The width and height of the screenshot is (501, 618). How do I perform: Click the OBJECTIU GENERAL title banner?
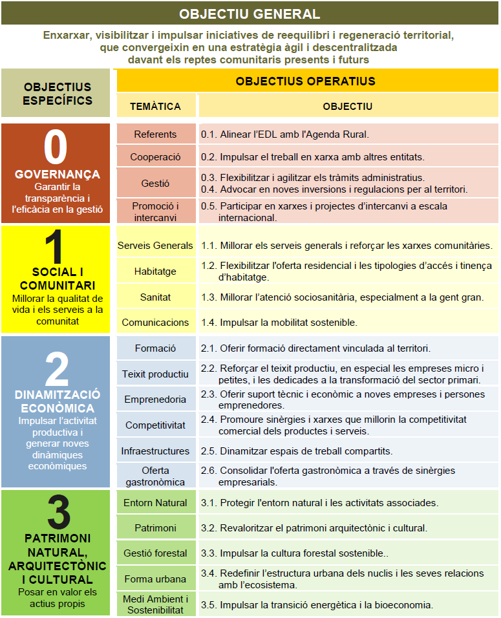(250, 14)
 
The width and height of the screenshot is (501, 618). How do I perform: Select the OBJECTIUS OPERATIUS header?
(305, 81)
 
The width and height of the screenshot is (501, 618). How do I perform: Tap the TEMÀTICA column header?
(155, 106)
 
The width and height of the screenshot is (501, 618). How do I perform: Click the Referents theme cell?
(155, 134)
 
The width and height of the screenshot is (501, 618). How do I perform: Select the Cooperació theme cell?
(155, 156)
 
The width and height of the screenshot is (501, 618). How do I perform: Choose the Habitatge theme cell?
(155, 272)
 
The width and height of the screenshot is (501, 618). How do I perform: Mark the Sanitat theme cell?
(155, 297)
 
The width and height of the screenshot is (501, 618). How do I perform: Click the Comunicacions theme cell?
(155, 322)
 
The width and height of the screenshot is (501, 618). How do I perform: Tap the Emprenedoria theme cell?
(155, 400)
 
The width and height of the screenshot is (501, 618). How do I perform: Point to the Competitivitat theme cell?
(155, 425)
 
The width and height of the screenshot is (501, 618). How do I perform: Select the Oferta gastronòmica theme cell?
(155, 476)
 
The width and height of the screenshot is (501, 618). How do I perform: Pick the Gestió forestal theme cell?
(155, 553)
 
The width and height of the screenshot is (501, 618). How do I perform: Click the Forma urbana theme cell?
(155, 579)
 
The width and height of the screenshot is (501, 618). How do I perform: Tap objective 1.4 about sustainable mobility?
(279, 322)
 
